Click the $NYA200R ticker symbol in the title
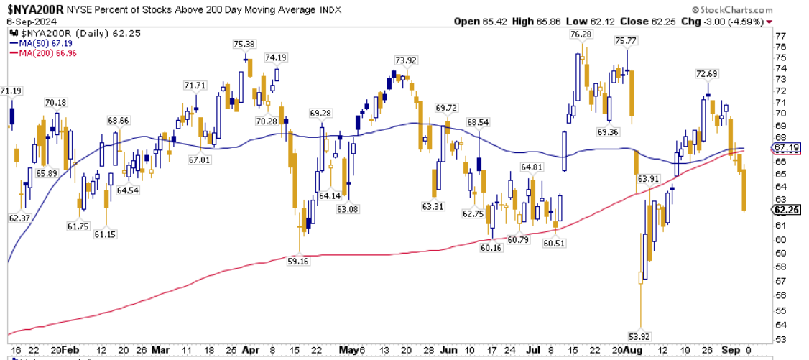35,9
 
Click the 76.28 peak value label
580,34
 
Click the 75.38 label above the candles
245,44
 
